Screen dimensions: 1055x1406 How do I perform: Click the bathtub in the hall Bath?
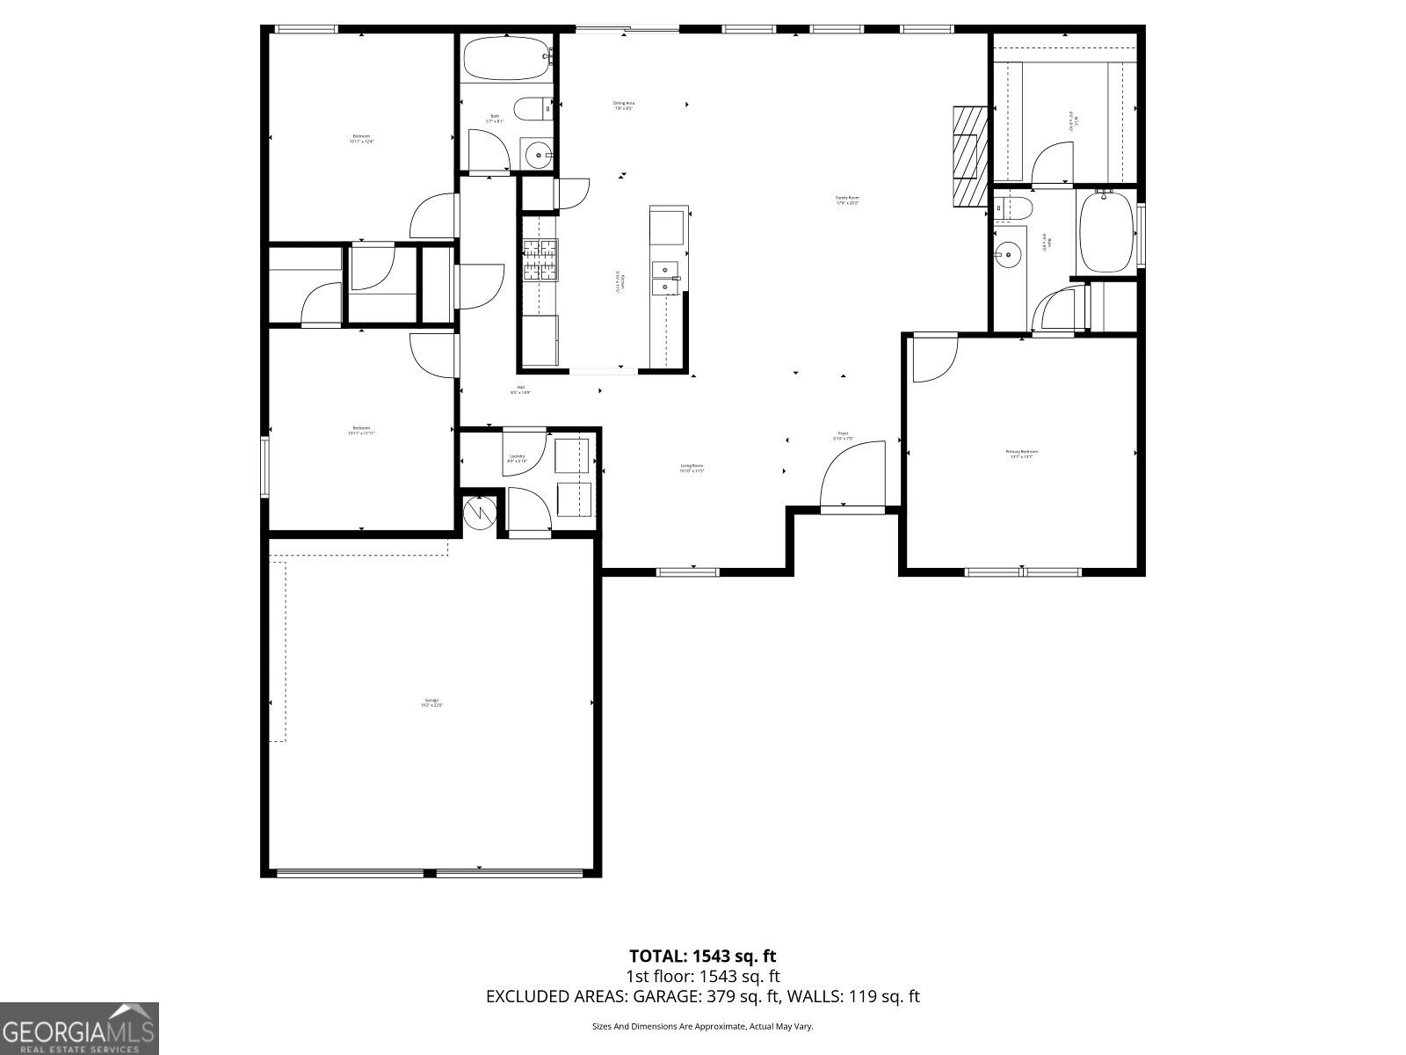click(x=506, y=57)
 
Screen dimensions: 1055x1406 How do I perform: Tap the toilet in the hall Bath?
click(x=531, y=109)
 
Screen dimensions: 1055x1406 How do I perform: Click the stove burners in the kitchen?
click(x=540, y=260)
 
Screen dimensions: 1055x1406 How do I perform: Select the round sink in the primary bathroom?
click(x=1008, y=256)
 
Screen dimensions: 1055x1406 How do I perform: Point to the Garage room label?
click(x=431, y=702)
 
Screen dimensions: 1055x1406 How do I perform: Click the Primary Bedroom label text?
click(x=1021, y=454)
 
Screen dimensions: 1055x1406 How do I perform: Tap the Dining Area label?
click(x=623, y=105)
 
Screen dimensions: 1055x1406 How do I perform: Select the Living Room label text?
click(x=692, y=468)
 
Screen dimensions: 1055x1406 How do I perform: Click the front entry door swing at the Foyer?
click(x=852, y=476)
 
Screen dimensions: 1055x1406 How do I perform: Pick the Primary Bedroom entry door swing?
click(x=933, y=360)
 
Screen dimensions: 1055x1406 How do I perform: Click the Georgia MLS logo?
click(x=79, y=1028)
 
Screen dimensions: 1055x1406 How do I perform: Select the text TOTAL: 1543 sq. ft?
click(x=702, y=956)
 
